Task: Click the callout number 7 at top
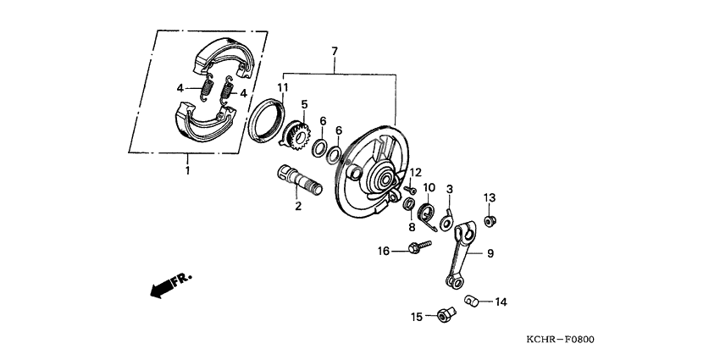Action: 335,52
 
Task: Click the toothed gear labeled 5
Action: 294,136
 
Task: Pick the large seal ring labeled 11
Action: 266,120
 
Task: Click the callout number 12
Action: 415,173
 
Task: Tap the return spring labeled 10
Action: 429,213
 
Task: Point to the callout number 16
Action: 383,251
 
